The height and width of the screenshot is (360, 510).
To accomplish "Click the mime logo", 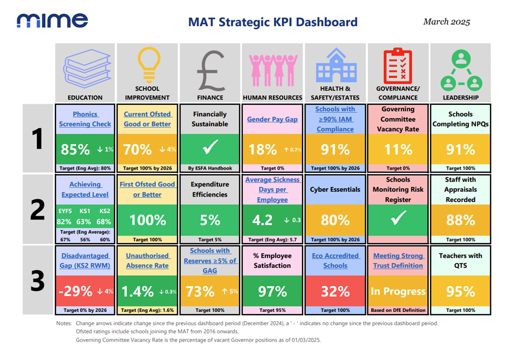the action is pos(52,21).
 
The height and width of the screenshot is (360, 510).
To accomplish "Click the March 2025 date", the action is pos(447,22).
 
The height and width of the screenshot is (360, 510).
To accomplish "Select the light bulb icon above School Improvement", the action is pos(149,65).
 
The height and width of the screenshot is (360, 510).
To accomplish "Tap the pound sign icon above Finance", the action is pos(211,71).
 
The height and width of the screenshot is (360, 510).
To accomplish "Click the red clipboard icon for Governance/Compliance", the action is pos(398,66).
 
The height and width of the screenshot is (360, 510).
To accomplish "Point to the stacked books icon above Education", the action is pos(87,69).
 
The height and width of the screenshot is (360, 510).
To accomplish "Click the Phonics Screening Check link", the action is pos(85,119).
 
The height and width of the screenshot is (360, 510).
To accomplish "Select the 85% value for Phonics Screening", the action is pos(75,149).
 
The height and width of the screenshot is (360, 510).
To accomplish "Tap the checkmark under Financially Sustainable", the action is pos(210,147).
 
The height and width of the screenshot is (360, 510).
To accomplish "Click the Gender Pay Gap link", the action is pos(272,119).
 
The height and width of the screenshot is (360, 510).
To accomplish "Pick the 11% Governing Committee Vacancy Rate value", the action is pos(398,149).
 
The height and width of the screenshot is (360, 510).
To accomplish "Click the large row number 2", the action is pos(37,210).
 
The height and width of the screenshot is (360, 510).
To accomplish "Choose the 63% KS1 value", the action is pos(84,222).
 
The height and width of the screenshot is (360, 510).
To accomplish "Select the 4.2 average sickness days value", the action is pos(262,220).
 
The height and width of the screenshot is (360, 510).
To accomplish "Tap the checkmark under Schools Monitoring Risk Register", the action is pos(399,218).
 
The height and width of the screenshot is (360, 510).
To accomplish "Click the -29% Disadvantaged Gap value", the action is pos(76,291).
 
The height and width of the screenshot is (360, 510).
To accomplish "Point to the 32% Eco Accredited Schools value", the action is pos(335,291).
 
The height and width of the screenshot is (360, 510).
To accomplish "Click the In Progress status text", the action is pos(398,291).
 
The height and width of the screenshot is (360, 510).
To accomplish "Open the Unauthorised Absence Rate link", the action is pos(147,261).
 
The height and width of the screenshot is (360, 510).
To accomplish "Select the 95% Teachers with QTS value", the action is pos(461,291).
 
